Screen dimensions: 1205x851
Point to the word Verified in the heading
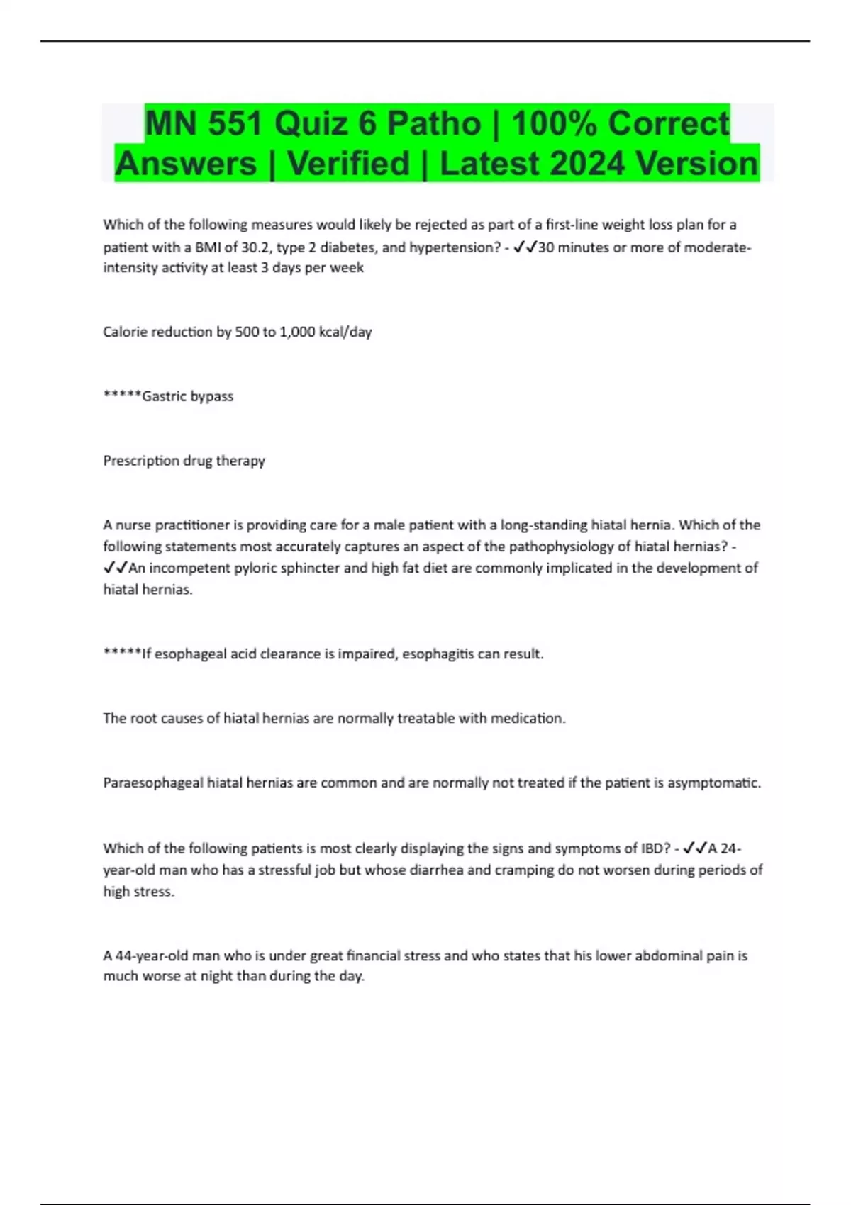(349, 164)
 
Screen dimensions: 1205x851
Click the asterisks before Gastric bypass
(122, 396)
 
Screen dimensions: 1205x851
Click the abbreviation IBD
(655, 848)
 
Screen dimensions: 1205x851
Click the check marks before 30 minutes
(525, 247)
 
